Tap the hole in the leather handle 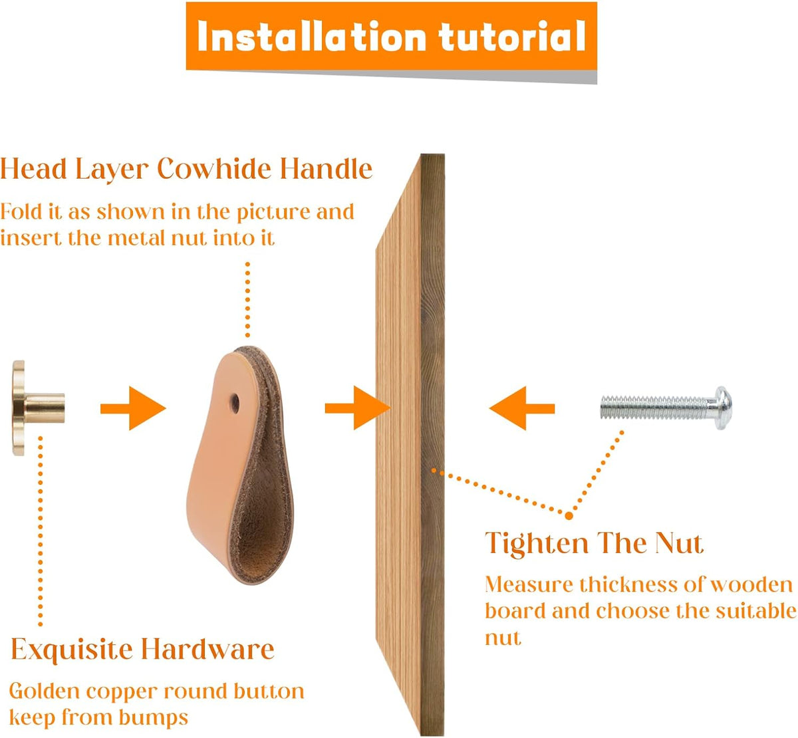pos(234,403)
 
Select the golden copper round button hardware pos(38,408)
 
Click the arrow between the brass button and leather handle pos(133,408)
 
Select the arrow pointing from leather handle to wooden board pos(358,408)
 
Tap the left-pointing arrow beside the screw pos(521,408)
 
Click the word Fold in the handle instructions pos(21,211)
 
